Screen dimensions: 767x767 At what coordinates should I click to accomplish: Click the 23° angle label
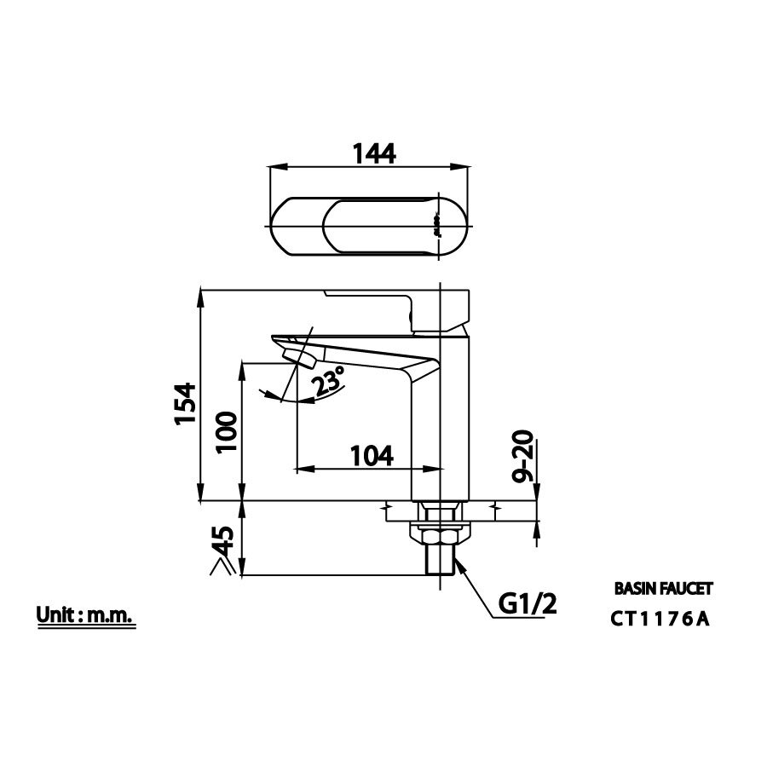328,381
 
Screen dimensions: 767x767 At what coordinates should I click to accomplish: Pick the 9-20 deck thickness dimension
524,458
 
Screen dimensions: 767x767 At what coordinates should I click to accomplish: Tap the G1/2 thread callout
527,606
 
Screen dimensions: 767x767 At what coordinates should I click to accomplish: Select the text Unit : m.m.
84,615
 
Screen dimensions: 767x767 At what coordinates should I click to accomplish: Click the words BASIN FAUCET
662,588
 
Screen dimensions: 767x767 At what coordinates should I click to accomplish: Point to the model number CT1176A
660,620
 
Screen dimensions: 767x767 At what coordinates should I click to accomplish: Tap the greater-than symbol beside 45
220,564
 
